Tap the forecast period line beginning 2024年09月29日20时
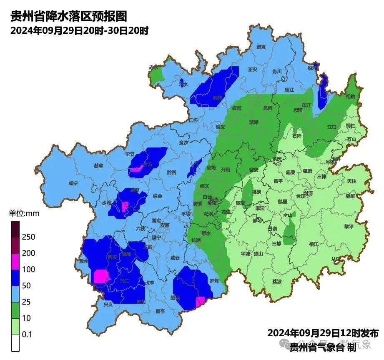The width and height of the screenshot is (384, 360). point(80,31)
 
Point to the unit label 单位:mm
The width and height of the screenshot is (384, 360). point(24,213)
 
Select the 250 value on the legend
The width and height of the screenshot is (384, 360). point(29,237)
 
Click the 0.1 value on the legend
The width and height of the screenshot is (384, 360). point(27,335)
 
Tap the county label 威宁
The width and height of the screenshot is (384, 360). point(73,183)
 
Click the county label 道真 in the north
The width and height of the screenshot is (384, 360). point(261,47)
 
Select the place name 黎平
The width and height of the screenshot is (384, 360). point(349,227)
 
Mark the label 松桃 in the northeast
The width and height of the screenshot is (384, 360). point(351,96)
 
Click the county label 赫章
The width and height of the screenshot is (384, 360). point(98,165)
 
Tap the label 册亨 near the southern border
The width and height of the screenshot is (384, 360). point(160,311)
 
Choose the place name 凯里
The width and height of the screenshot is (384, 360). point(283,202)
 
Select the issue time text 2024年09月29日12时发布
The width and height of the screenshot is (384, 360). point(323,333)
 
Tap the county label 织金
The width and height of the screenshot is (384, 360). point(157,196)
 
